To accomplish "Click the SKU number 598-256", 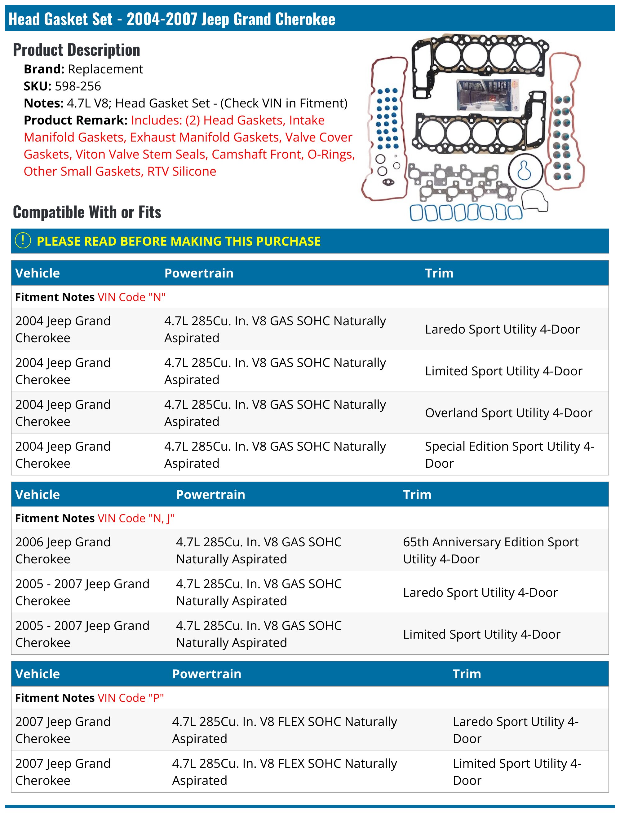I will click(x=77, y=86).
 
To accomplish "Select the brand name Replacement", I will click(x=105, y=69).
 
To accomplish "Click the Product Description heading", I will click(x=76, y=50).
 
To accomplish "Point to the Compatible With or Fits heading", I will click(x=87, y=212).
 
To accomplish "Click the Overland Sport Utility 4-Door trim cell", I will click(x=508, y=413).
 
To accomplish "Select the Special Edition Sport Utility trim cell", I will click(x=509, y=454).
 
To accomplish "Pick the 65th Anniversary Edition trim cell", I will click(x=490, y=550).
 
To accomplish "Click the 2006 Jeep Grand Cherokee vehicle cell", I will click(x=63, y=550).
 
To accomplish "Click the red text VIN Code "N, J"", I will click(x=136, y=518).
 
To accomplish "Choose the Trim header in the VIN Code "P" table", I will click(x=467, y=674).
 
